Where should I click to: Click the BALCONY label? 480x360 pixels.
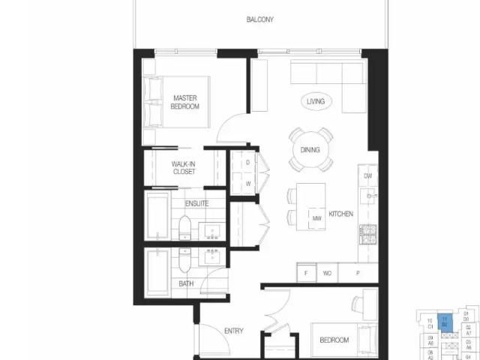(259, 19)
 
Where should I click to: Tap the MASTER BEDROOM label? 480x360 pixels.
(184, 102)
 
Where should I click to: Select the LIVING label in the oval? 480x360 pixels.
(316, 100)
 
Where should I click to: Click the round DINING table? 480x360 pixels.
(310, 149)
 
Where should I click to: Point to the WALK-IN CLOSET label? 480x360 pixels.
(184, 167)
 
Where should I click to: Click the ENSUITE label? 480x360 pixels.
(196, 203)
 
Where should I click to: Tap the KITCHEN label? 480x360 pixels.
(340, 214)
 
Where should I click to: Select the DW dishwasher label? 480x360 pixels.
(367, 176)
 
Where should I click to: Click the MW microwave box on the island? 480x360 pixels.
(316, 217)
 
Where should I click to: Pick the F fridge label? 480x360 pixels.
(306, 274)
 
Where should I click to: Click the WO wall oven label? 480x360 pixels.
(327, 274)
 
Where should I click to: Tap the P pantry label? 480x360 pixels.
(357, 274)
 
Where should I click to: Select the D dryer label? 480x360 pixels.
(247, 163)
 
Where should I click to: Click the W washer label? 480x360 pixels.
(247, 182)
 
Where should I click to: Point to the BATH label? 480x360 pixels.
(186, 283)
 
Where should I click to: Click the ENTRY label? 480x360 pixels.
(233, 331)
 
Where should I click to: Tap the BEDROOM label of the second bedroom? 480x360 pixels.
(334, 340)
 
